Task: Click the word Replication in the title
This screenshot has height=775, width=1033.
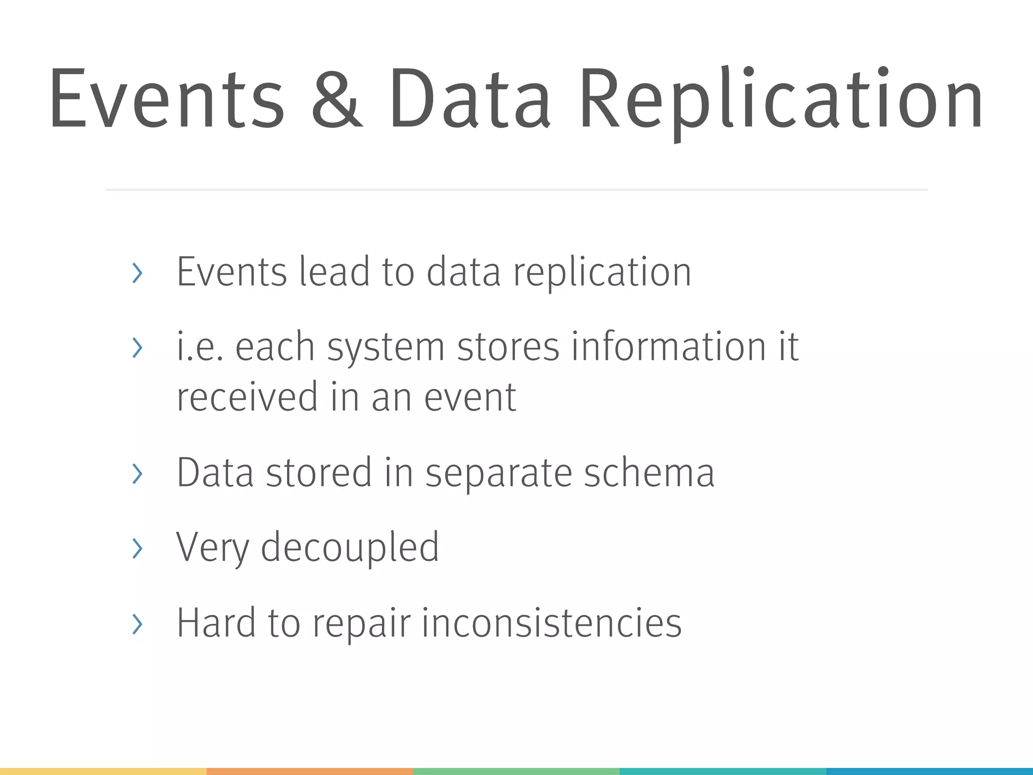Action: click(x=781, y=99)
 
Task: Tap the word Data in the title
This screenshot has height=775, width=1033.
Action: click(x=469, y=99)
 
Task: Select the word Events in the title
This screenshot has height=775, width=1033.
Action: click(x=166, y=99)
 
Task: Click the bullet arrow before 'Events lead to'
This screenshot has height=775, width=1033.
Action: click(x=137, y=273)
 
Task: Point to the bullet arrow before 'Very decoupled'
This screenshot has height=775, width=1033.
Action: click(x=137, y=548)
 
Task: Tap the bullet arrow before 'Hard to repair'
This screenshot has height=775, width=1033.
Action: click(x=137, y=624)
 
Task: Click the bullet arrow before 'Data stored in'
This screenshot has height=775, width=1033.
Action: click(x=137, y=473)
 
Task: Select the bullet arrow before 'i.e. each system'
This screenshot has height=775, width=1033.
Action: click(x=137, y=348)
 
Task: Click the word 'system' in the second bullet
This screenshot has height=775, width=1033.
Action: click(x=386, y=348)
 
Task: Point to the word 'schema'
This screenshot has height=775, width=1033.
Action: click(x=649, y=473)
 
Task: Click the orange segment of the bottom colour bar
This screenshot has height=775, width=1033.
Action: click(x=310, y=771)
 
